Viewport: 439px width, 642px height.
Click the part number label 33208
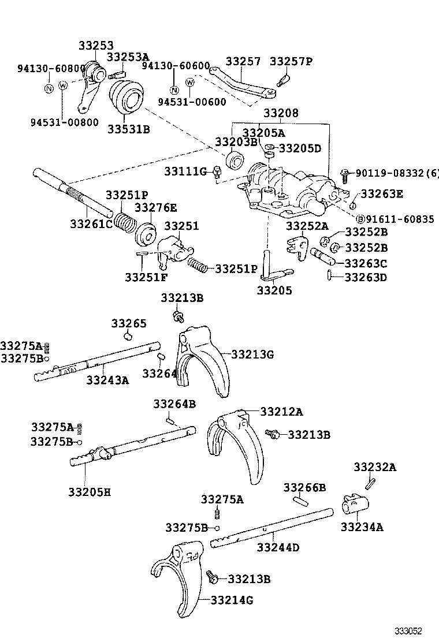[281, 114]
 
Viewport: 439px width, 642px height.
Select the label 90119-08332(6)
[397, 173]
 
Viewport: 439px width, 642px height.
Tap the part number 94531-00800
[64, 122]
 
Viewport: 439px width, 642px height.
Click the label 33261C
[91, 223]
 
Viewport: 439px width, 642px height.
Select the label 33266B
[304, 488]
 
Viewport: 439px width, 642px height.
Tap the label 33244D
[278, 547]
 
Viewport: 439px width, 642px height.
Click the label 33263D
[366, 277]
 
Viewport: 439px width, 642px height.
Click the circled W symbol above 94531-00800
[64, 85]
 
